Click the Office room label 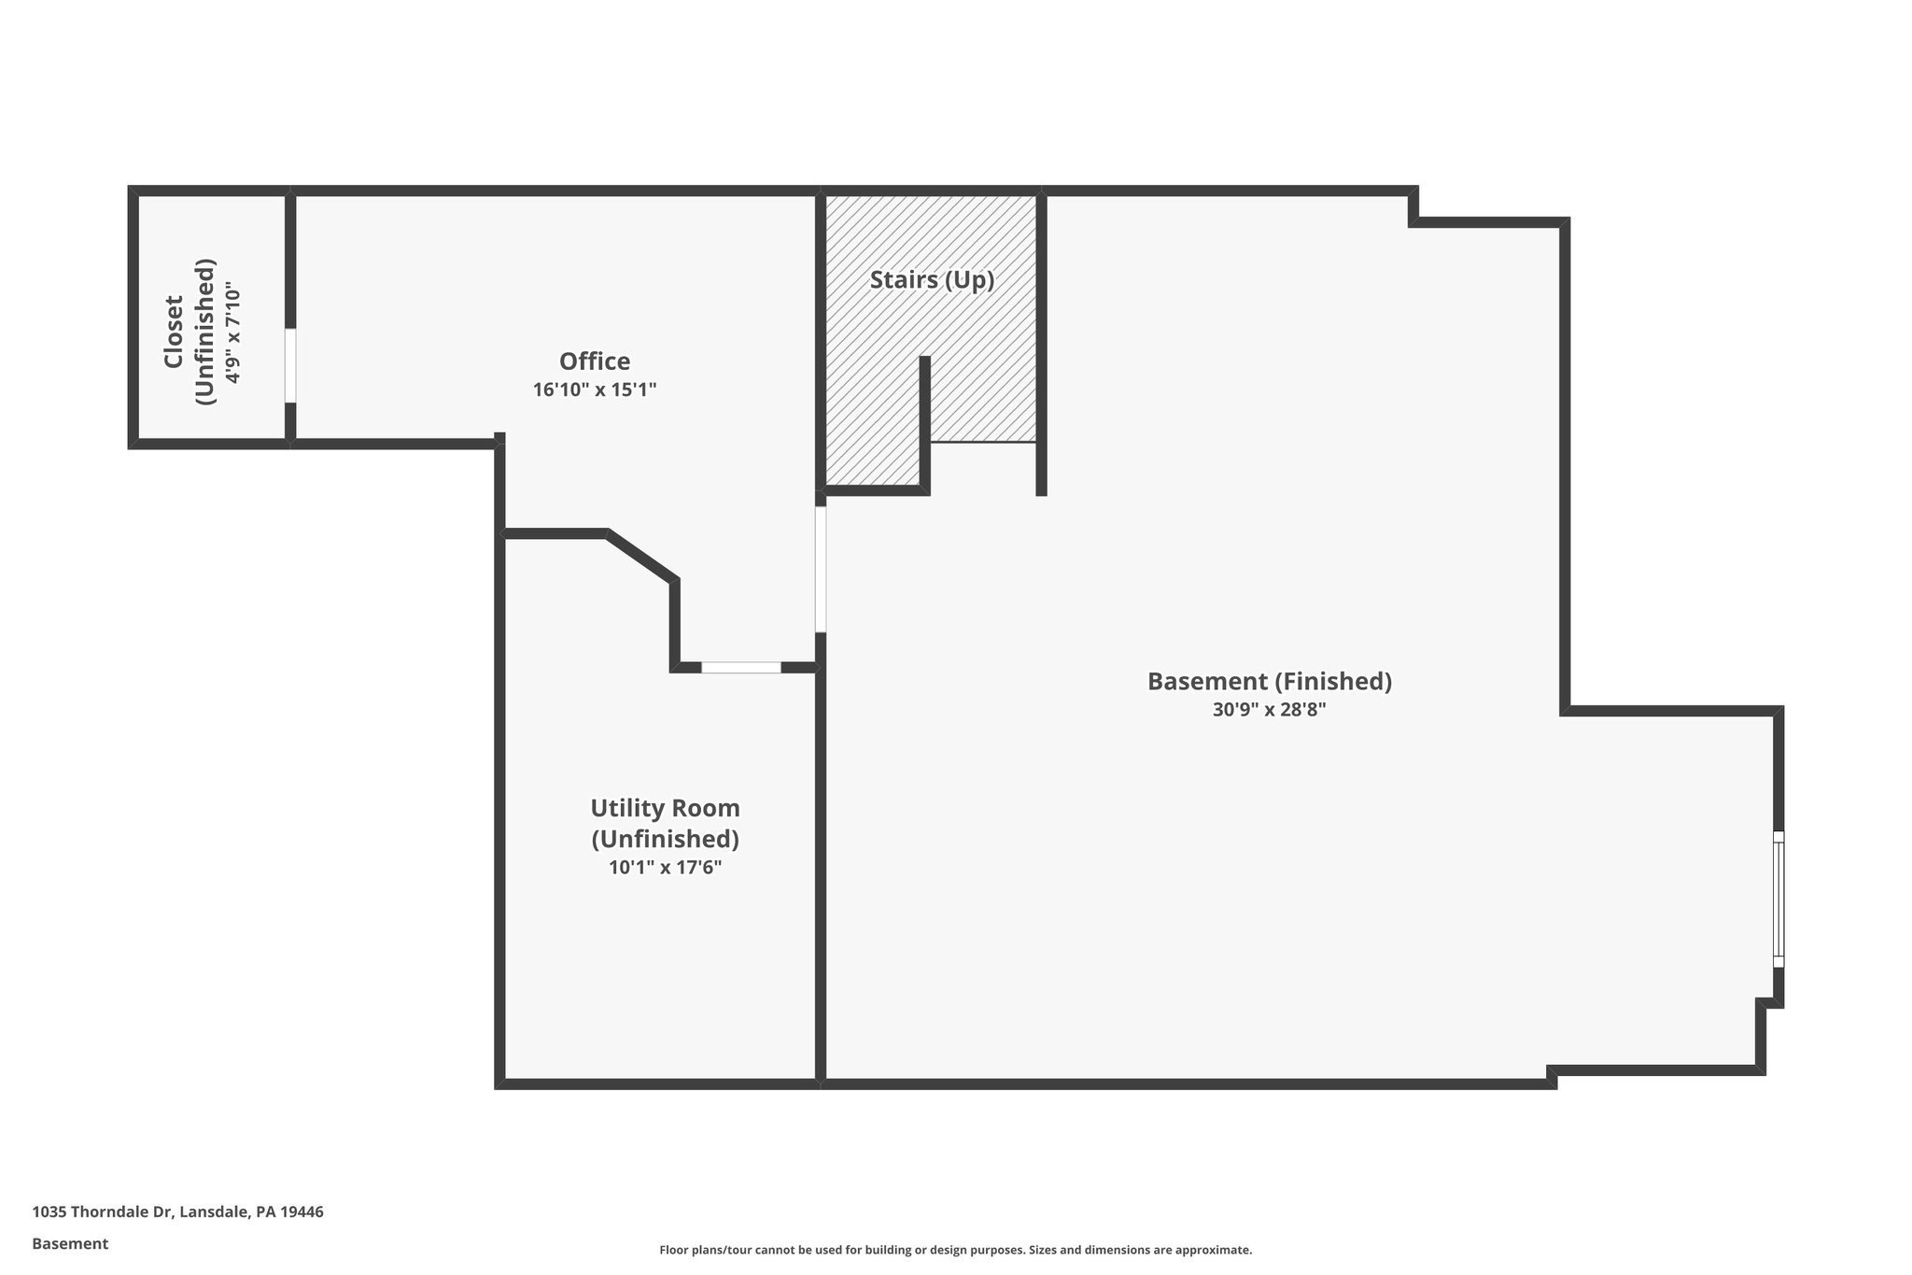595,361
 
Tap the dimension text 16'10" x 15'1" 595,390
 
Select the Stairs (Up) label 932,279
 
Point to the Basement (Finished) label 1269,682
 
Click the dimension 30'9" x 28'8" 1269,710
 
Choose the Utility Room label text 665,808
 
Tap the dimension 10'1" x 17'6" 665,868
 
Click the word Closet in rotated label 174,332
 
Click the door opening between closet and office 290,365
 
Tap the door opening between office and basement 821,569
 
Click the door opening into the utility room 740,667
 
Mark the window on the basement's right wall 1778,899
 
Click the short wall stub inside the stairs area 924,420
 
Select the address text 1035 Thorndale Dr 103,1211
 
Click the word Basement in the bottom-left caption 70,1244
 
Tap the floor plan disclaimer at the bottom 955,1250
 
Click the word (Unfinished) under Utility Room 665,839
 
